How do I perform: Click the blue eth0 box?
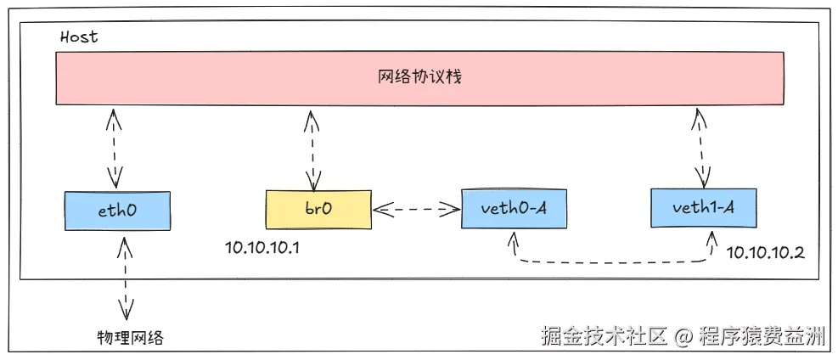coord(117,210)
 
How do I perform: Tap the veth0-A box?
coord(514,209)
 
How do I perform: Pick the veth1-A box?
coord(703,208)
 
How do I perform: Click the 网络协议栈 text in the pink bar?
coord(419,76)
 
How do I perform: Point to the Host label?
coord(79,37)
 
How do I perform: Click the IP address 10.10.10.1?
coord(263,247)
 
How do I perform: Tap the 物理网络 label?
coord(129,337)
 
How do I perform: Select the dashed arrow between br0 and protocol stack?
coord(310,149)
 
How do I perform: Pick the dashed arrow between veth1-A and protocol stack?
coord(700,149)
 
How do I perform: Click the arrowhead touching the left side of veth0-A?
coord(452,209)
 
